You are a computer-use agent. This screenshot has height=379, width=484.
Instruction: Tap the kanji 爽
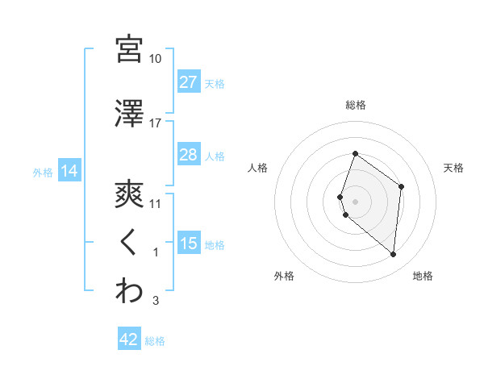[129, 194]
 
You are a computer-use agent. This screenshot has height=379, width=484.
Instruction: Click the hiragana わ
[129, 291]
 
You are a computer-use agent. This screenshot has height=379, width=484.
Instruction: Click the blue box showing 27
[188, 81]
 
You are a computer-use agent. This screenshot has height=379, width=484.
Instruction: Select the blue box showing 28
[188, 155]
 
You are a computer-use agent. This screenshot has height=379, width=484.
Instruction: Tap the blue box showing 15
[188, 244]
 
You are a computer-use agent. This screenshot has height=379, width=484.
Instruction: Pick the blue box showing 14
[69, 171]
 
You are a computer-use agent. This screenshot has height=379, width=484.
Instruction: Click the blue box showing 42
[129, 339]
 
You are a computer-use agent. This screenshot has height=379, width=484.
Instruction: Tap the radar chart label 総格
[355, 105]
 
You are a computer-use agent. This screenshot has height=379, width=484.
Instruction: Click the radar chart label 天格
[454, 168]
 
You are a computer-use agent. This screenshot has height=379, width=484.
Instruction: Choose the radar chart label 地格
[423, 276]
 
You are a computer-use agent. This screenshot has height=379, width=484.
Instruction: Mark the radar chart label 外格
[285, 276]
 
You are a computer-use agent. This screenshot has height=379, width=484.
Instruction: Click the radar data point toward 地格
[394, 254]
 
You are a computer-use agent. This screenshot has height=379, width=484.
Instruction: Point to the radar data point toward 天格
[402, 186]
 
